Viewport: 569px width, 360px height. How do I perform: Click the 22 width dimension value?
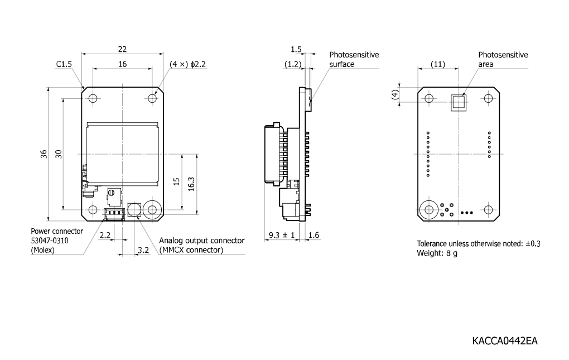click(122, 49)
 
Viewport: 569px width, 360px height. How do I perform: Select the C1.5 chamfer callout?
click(64, 64)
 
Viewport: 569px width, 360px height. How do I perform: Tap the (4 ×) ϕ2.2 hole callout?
click(187, 64)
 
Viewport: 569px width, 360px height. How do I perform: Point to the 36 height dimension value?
click(44, 154)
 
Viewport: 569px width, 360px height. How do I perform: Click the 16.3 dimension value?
click(191, 184)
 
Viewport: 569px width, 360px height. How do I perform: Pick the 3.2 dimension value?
click(143, 250)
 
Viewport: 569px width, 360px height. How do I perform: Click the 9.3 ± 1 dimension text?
click(282, 235)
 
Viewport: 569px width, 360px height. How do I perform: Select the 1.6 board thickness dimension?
click(314, 235)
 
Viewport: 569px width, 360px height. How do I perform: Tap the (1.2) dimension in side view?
click(293, 64)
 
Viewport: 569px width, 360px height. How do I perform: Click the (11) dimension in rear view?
click(438, 64)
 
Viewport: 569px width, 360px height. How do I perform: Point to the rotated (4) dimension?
click(395, 95)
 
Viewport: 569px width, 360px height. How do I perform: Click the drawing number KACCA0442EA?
click(505, 341)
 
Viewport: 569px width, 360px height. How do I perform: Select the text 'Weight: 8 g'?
click(437, 253)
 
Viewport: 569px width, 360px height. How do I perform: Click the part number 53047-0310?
click(49, 241)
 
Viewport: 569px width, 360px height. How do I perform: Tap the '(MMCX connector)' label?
click(191, 250)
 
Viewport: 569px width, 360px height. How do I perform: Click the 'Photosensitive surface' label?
click(354, 60)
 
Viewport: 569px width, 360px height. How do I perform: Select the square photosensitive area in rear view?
click(459, 102)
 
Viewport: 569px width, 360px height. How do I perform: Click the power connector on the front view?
click(114, 214)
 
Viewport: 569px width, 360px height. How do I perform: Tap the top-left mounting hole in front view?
click(93, 98)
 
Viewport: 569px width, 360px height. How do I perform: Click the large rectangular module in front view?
click(123, 154)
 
